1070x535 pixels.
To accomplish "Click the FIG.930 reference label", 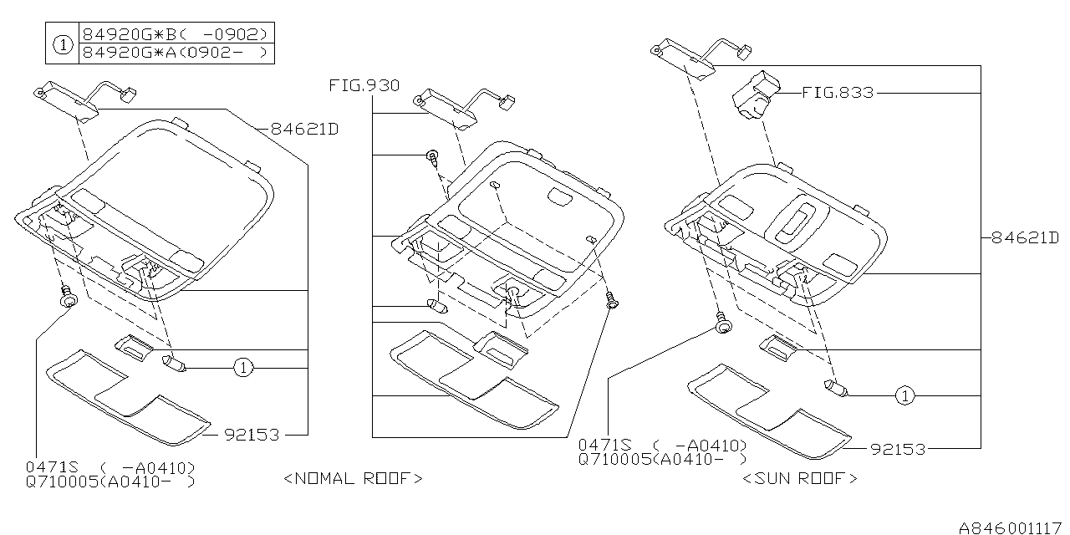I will (364, 85).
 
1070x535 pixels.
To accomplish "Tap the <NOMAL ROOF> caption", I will (353, 478).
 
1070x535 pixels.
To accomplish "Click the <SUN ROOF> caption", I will (800, 478).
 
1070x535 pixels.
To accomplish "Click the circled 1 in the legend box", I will (62, 44).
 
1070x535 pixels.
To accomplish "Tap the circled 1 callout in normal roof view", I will (242, 367).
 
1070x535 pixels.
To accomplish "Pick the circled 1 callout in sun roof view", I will (904, 395).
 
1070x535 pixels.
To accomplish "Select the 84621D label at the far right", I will (1025, 237).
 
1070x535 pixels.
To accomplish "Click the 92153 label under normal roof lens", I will (252, 435).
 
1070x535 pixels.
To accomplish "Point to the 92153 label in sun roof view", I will (898, 449).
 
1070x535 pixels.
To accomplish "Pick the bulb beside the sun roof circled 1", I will (837, 388).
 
